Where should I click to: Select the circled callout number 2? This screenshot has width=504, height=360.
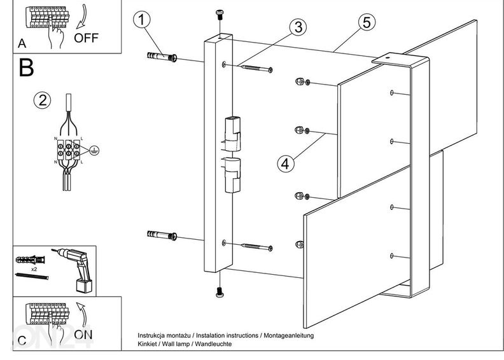(x=43, y=100)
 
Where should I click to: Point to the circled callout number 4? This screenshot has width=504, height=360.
(x=286, y=163)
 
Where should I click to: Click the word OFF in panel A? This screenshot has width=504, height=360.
(x=87, y=37)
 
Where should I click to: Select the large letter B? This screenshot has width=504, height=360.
(x=26, y=67)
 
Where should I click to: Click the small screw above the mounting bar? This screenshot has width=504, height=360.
(x=220, y=15)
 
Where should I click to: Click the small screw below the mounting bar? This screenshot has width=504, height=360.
(x=220, y=292)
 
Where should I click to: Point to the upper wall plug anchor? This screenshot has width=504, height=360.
(x=161, y=59)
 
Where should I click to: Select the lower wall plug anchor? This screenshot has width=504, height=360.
(x=161, y=235)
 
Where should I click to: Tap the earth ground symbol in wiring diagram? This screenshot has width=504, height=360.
(x=93, y=151)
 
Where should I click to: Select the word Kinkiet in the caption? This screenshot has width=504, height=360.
(x=148, y=344)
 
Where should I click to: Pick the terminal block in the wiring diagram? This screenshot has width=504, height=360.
(x=68, y=151)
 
